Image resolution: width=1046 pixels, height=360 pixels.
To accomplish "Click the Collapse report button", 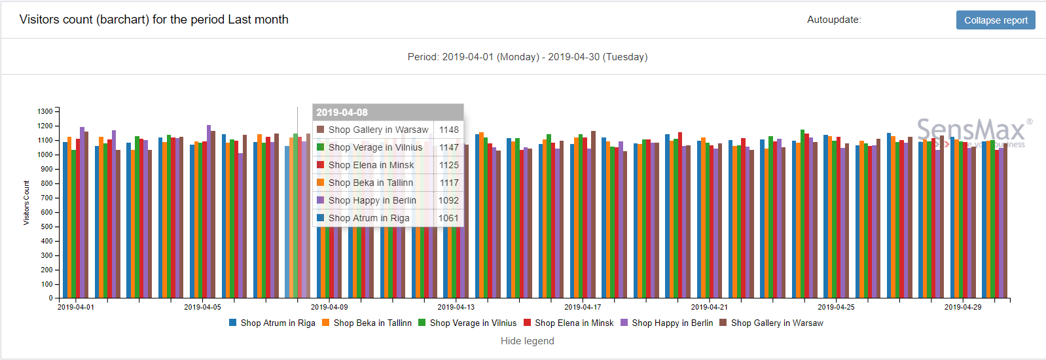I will [x=995, y=20].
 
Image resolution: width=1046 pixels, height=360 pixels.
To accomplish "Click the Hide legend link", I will [x=527, y=341].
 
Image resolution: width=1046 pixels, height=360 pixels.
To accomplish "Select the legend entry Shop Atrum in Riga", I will [x=272, y=323].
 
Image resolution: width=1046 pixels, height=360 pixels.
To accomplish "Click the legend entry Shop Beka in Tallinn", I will [x=367, y=323].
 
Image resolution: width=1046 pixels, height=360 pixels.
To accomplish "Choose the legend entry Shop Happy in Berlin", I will [x=666, y=323].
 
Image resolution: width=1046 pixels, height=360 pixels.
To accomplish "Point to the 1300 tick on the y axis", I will [x=45, y=111].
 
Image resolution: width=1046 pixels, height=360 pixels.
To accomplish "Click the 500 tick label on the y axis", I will [x=46, y=226].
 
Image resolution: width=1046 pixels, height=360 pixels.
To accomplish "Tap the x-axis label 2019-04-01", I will [x=76, y=307].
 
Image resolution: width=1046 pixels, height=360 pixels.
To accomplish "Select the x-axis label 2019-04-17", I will [x=583, y=307].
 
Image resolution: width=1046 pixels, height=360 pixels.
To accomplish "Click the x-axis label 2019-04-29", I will [x=963, y=307].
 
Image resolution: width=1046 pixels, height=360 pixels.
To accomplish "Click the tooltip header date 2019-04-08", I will [x=342, y=113].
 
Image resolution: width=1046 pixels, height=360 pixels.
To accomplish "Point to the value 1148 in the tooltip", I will [x=449, y=130].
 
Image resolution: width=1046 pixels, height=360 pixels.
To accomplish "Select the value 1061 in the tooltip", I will [x=448, y=218].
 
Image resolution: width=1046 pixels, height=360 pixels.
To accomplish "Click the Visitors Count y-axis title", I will [x=26, y=203].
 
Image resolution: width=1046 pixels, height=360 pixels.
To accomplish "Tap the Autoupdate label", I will [x=833, y=20].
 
